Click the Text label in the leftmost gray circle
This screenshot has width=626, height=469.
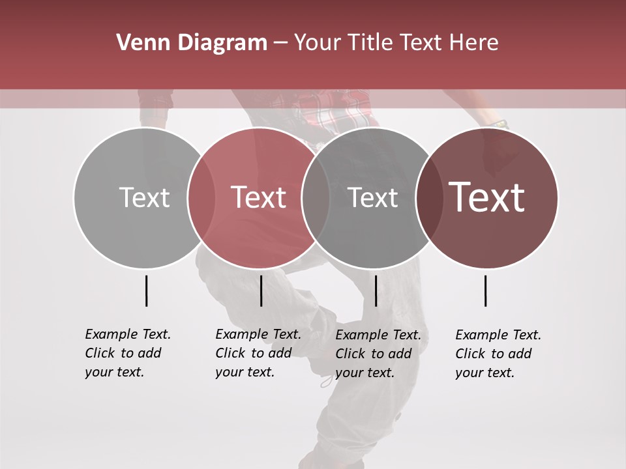pos(145,197)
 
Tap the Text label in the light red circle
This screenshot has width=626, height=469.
pos(259,197)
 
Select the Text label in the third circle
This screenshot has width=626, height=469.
pos(373,197)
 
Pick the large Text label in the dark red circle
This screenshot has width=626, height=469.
pos(487,197)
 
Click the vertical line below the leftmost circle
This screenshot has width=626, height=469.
pos(146,291)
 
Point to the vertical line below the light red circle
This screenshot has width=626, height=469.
pos(261,291)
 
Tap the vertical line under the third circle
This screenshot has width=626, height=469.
pos(376,291)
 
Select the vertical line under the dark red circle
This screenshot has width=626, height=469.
pos(486,291)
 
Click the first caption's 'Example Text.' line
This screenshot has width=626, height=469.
pos(128,334)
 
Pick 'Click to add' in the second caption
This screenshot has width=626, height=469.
pos(254,353)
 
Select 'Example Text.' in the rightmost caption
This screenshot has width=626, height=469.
pos(498,335)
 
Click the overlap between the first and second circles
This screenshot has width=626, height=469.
pos(201,197)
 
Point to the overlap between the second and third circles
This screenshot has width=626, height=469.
pos(316,197)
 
